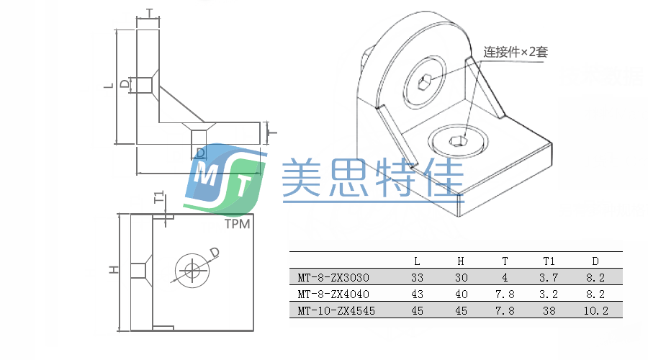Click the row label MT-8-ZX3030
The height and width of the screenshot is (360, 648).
coord(333,278)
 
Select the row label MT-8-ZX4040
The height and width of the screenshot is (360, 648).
coord(333,294)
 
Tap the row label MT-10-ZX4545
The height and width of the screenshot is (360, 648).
coord(336,311)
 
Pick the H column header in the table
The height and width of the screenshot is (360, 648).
coord(462,261)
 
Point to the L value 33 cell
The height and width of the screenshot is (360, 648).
coord(418,278)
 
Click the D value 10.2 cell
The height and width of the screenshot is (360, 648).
coord(595,311)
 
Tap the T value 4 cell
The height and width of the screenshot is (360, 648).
coord(505,278)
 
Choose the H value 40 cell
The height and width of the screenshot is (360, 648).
coord(462,294)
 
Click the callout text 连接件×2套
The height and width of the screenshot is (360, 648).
coord(516,52)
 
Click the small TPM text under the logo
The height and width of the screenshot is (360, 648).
coord(237,224)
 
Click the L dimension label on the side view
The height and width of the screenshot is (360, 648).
coord(108,86)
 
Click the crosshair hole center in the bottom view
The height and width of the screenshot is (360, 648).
coord(192,270)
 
